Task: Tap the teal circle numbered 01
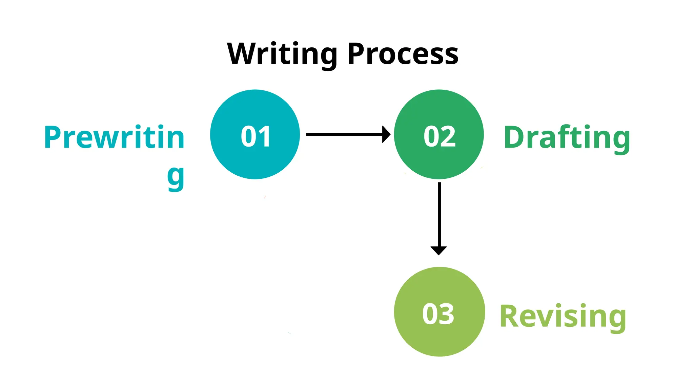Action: [x=255, y=134]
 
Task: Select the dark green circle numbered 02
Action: [x=438, y=134]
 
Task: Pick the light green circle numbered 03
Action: [x=439, y=311]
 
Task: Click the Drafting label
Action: [x=567, y=137]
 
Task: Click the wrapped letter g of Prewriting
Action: [x=176, y=177]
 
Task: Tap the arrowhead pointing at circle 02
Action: [x=386, y=134]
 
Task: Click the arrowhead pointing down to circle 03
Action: [x=438, y=250]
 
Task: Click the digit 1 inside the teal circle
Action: [x=264, y=136]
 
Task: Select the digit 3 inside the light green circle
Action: [x=446, y=314]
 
